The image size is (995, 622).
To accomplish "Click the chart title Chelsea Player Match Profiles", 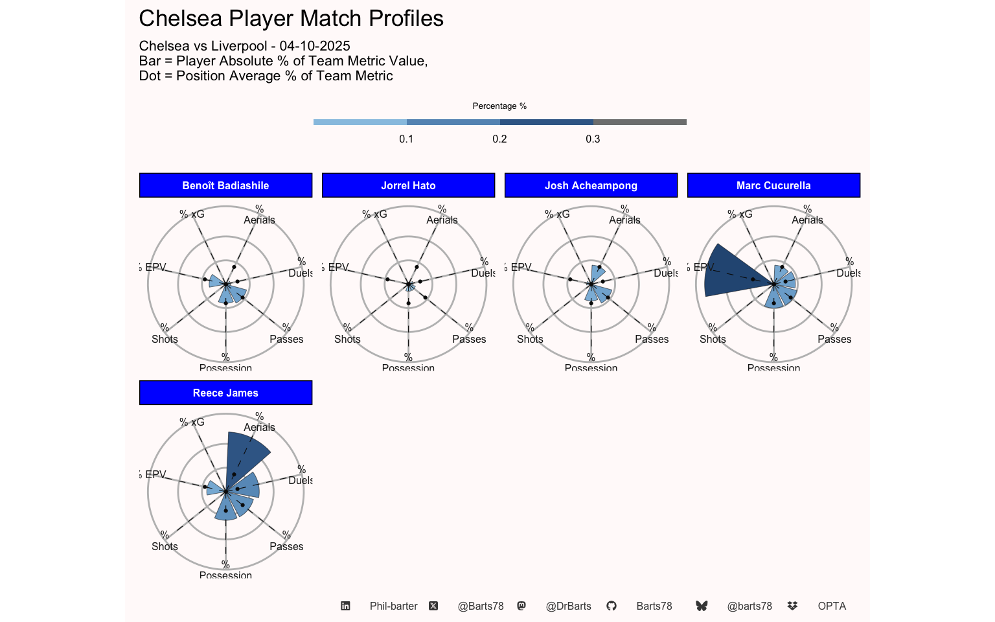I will (291, 19).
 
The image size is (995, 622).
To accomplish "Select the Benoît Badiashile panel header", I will (225, 185).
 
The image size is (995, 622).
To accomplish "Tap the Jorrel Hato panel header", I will (408, 185).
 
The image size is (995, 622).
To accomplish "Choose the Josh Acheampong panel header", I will (591, 185).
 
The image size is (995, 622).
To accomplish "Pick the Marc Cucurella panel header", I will (773, 185).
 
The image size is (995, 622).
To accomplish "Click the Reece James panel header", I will (225, 393).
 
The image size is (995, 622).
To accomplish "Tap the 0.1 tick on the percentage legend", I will (406, 139).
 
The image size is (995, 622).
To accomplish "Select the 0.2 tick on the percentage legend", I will (499, 139).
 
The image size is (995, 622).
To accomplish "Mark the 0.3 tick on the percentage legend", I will (593, 139).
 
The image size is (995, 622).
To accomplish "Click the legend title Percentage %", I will (499, 106).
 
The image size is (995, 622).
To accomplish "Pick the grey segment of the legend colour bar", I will (640, 122).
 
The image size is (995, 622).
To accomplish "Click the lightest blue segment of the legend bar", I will (360, 122).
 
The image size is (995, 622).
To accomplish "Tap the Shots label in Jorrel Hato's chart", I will (347, 339).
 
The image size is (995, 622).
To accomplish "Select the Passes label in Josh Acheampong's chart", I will (652, 339).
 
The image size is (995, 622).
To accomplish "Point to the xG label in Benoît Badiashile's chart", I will (197, 214).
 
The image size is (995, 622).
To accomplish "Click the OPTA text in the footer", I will (832, 606).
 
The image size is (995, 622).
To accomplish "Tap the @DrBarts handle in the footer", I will (568, 606).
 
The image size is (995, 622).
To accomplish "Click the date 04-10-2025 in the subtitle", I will (315, 46).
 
